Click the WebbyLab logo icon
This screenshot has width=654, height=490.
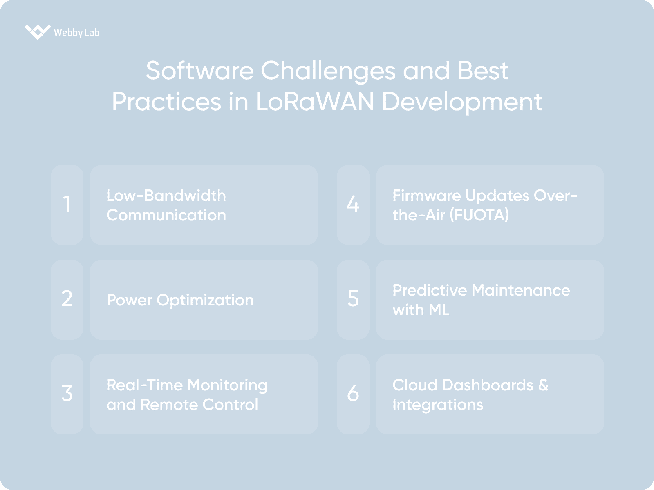coord(38,32)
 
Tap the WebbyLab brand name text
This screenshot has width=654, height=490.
coord(76,32)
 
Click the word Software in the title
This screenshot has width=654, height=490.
coord(199,71)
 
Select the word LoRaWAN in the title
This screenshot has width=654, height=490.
coord(315,102)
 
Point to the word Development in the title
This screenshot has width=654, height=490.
coord(462,102)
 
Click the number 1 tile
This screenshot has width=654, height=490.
coord(67,205)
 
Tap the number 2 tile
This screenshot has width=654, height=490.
coord(67,300)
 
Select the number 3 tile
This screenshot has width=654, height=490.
coord(67,394)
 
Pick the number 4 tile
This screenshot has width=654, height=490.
coord(353,205)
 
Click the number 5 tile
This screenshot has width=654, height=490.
coord(353,300)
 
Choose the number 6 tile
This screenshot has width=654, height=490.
coord(353,394)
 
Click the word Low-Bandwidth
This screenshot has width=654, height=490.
coord(166,196)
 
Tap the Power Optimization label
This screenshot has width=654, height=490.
coord(180,300)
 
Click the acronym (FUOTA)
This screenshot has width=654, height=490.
coord(479,215)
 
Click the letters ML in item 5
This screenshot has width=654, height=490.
coord(439,310)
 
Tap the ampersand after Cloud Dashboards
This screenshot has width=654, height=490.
coord(543,385)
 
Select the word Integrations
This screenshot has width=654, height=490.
coord(438,405)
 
